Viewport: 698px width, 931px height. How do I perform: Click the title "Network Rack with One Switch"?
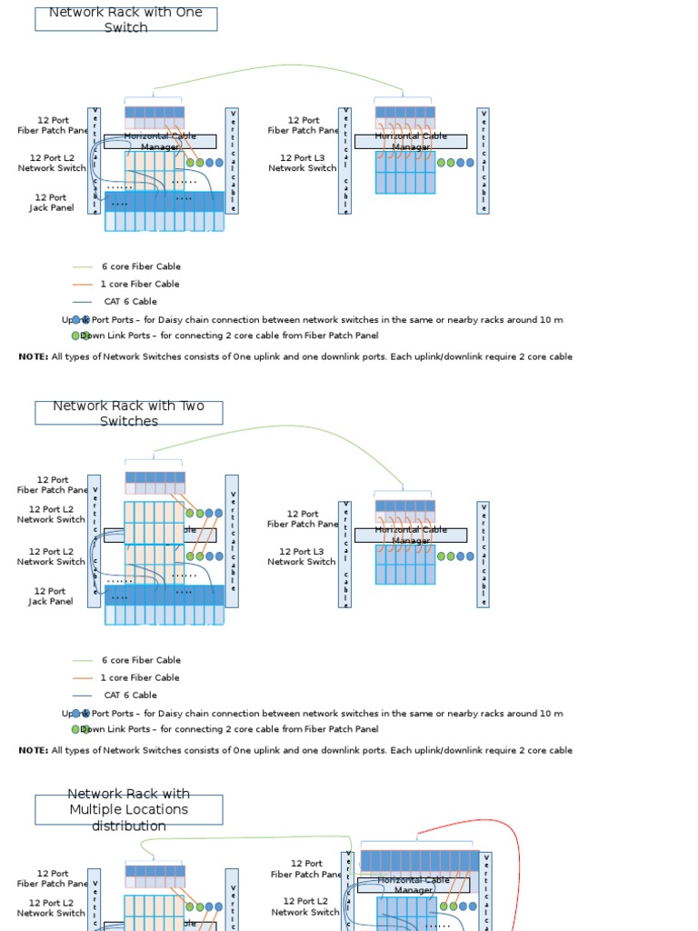coord(125,19)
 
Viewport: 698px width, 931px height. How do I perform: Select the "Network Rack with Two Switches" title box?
coord(128,413)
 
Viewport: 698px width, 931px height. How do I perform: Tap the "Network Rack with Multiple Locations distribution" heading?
coord(129,809)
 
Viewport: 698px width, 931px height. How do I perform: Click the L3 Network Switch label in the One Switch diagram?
coord(302,163)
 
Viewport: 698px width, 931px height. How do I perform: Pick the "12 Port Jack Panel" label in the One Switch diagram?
coord(51,203)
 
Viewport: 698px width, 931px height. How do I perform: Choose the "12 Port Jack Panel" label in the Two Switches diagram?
coord(51,596)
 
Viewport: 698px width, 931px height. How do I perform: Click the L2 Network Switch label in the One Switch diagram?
coord(52,163)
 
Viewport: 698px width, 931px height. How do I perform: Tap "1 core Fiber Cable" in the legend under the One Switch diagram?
coord(140,285)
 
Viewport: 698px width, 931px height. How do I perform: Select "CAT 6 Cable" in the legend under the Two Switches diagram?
coord(130,696)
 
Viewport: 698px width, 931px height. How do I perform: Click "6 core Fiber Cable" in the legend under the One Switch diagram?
coord(141,267)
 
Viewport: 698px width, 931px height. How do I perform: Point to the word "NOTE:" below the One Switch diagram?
coord(34,357)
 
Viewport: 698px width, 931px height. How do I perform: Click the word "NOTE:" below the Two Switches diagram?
coord(34,751)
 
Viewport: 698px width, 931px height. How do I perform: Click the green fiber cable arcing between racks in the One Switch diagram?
coord(291,65)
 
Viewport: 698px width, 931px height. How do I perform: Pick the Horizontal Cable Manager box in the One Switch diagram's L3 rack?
coord(411,142)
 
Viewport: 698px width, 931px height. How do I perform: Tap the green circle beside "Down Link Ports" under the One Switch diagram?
coord(75,335)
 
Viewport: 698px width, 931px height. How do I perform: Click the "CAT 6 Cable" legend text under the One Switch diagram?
coord(130,302)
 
